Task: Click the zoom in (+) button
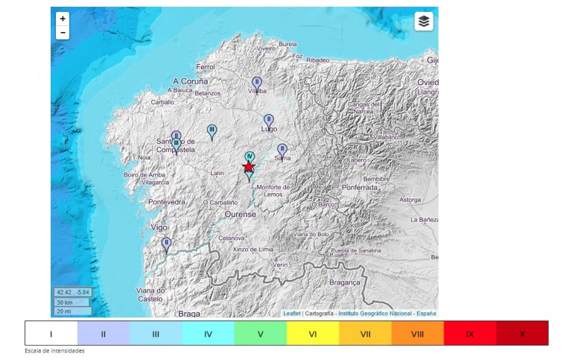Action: point(63,19)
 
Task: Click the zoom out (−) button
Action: point(63,33)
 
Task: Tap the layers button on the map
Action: point(424,21)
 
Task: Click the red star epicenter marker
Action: point(249,166)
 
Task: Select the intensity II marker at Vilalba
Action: point(257,82)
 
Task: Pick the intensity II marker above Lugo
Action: point(269,119)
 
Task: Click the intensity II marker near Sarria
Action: point(282,149)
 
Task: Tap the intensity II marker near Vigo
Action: point(167,243)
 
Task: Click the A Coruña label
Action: point(190,80)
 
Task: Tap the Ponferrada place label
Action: point(360,188)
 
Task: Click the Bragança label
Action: point(345,283)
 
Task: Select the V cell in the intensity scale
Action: point(261,334)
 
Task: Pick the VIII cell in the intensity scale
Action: point(417,334)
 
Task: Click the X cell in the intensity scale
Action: point(522,334)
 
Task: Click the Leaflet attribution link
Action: point(292,314)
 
